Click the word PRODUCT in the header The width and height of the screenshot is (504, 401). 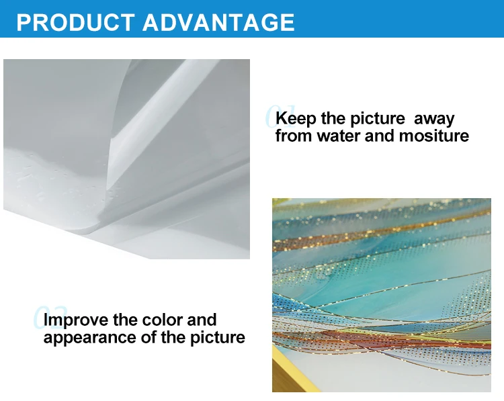click(x=74, y=21)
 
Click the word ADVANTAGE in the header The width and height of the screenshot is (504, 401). click(x=219, y=21)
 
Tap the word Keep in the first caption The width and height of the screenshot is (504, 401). click(x=296, y=119)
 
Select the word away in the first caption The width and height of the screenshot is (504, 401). click(x=434, y=119)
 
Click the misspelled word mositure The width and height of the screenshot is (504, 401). click(x=434, y=136)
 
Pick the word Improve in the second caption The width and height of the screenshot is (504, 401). click(x=75, y=320)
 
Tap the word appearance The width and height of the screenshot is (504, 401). click(x=84, y=338)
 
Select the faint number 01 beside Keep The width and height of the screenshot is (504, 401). click(x=271, y=117)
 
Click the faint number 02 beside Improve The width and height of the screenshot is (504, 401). click(x=39, y=318)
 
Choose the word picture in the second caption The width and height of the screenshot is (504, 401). click(x=217, y=338)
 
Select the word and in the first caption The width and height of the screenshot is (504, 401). click(x=378, y=136)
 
